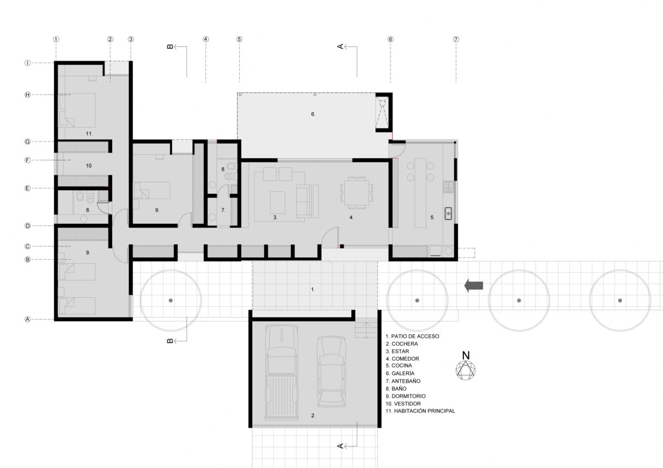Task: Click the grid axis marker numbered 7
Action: (x=456, y=39)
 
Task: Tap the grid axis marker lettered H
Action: (x=28, y=94)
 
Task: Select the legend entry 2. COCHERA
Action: (x=402, y=344)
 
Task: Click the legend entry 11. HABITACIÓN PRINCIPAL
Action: (x=420, y=411)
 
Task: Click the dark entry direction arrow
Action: (x=473, y=286)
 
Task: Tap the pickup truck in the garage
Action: (x=281, y=372)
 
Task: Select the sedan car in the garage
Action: (x=331, y=371)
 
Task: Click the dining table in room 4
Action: (x=357, y=193)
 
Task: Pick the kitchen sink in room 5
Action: (x=448, y=213)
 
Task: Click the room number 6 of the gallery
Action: (x=313, y=114)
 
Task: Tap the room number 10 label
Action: (x=89, y=165)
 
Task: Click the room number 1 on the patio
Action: (x=313, y=290)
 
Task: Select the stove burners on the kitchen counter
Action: (x=448, y=186)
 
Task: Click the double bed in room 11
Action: (x=77, y=110)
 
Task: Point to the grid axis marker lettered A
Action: (x=28, y=319)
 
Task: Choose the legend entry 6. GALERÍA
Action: (x=400, y=374)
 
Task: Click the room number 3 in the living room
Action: (x=275, y=217)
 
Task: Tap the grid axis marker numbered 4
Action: (x=206, y=39)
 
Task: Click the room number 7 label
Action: (x=223, y=210)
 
